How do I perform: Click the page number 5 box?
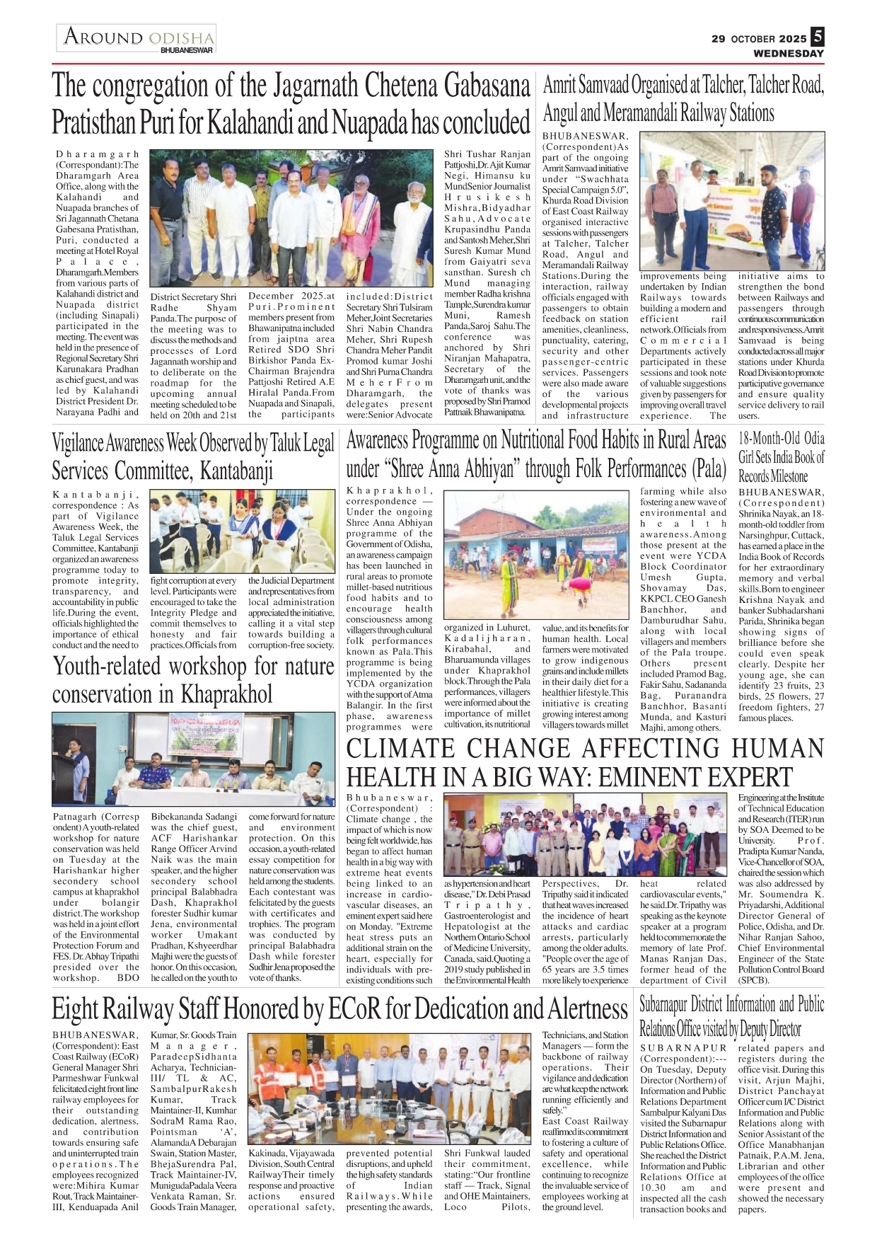pos(817,36)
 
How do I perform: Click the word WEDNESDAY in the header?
pos(788,53)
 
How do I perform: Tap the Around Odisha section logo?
pos(137,38)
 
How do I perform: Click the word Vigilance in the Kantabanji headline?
pos(78,444)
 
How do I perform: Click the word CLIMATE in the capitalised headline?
pos(401,748)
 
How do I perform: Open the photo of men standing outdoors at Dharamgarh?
pos(291,217)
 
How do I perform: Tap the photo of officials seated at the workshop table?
pos(193,759)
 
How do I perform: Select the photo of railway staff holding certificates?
pos(389,1088)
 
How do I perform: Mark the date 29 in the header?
pos(719,39)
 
